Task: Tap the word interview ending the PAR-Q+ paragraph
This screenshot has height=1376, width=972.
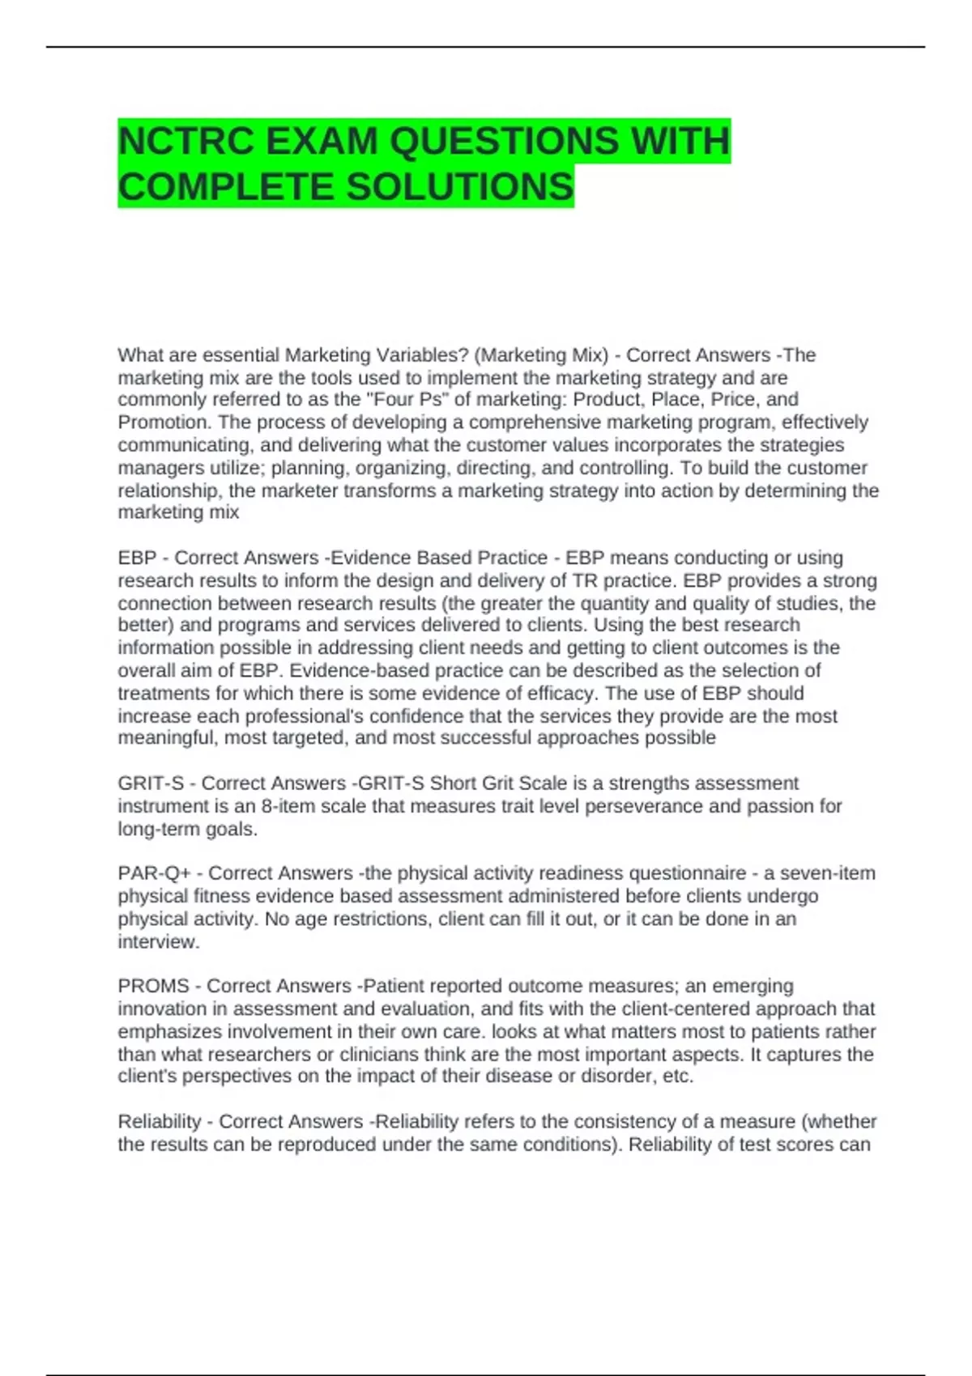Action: [x=157, y=941]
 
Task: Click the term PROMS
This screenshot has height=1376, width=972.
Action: [x=154, y=986]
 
